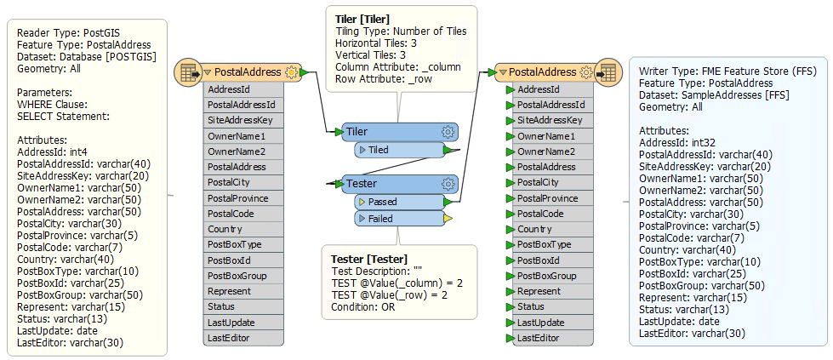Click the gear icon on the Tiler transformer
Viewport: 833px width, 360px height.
pos(448,131)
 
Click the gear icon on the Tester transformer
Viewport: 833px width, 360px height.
pos(448,184)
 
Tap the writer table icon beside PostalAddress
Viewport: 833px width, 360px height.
pos(608,72)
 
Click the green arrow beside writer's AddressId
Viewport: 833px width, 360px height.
pos(511,89)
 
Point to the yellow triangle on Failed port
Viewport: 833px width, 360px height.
pos(448,219)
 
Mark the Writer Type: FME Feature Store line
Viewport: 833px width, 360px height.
pos(727,71)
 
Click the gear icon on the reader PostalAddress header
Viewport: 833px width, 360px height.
pos(291,72)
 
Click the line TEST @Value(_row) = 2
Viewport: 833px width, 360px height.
pos(390,295)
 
